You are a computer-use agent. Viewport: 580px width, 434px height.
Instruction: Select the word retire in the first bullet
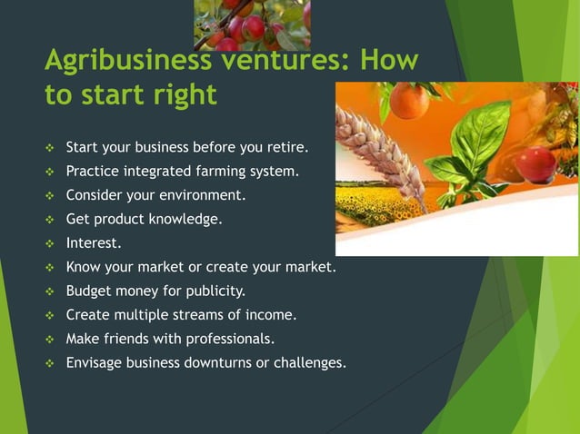pyautogui.click(x=285, y=146)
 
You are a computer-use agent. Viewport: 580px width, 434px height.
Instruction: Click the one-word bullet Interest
pyautogui.click(x=94, y=242)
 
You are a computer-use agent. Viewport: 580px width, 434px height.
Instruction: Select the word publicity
pyautogui.click(x=214, y=291)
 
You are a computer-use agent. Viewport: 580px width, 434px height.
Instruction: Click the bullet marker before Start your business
pyautogui.click(x=51, y=147)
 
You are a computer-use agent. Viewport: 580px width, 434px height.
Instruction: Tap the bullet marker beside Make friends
pyautogui.click(x=51, y=340)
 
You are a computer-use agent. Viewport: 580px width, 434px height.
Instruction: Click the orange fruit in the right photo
pyautogui.click(x=409, y=101)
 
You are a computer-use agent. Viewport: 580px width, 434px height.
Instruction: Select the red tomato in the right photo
pyautogui.click(x=535, y=164)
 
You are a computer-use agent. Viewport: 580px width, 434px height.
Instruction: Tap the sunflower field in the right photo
pyautogui.click(x=382, y=207)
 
